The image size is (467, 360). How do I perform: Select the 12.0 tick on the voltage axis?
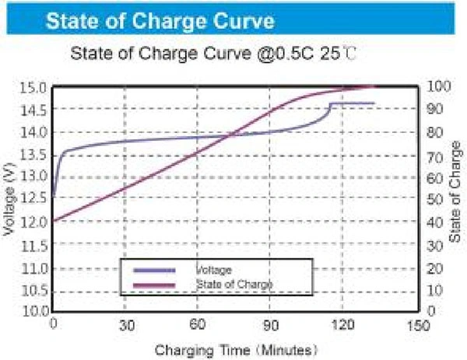[x=35, y=222]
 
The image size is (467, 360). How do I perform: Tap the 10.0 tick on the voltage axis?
[x=35, y=311]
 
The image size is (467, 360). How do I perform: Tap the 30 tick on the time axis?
[x=125, y=324]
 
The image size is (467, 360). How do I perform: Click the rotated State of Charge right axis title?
[x=455, y=198]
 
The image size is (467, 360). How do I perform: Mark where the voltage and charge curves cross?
[x=230, y=136]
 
